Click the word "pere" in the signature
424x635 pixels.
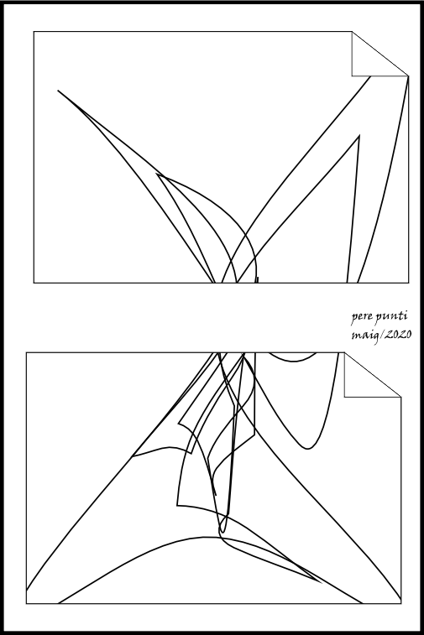click(x=359, y=317)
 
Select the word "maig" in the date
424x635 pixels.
click(x=364, y=336)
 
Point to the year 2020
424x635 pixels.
click(x=398, y=335)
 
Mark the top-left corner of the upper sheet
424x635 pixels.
click(x=34, y=31)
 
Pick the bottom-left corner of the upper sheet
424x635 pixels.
click(x=34, y=283)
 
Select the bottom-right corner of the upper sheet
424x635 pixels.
click(x=409, y=283)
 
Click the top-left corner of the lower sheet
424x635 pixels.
click(x=26, y=352)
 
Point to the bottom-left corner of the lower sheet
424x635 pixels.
click(x=26, y=603)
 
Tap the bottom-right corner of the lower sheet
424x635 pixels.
click(x=401, y=603)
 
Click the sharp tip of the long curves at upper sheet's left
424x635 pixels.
click(x=58, y=91)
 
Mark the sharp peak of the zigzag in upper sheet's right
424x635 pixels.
click(x=359, y=136)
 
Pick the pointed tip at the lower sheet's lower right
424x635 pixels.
click(x=322, y=583)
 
